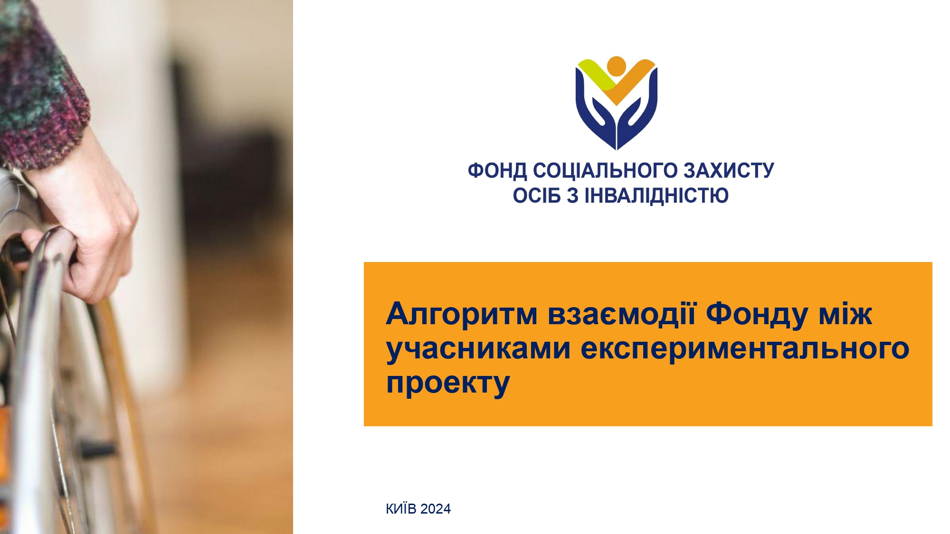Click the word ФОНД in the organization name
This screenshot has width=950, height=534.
(497, 171)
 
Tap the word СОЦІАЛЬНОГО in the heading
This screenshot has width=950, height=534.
(605, 171)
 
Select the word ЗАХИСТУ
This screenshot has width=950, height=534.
(729, 171)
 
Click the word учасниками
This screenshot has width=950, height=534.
(478, 349)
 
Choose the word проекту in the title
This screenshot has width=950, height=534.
(448, 384)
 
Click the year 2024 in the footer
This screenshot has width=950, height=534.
(436, 509)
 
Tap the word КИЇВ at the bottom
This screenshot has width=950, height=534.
(401, 509)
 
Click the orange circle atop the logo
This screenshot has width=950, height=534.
(616, 66)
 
